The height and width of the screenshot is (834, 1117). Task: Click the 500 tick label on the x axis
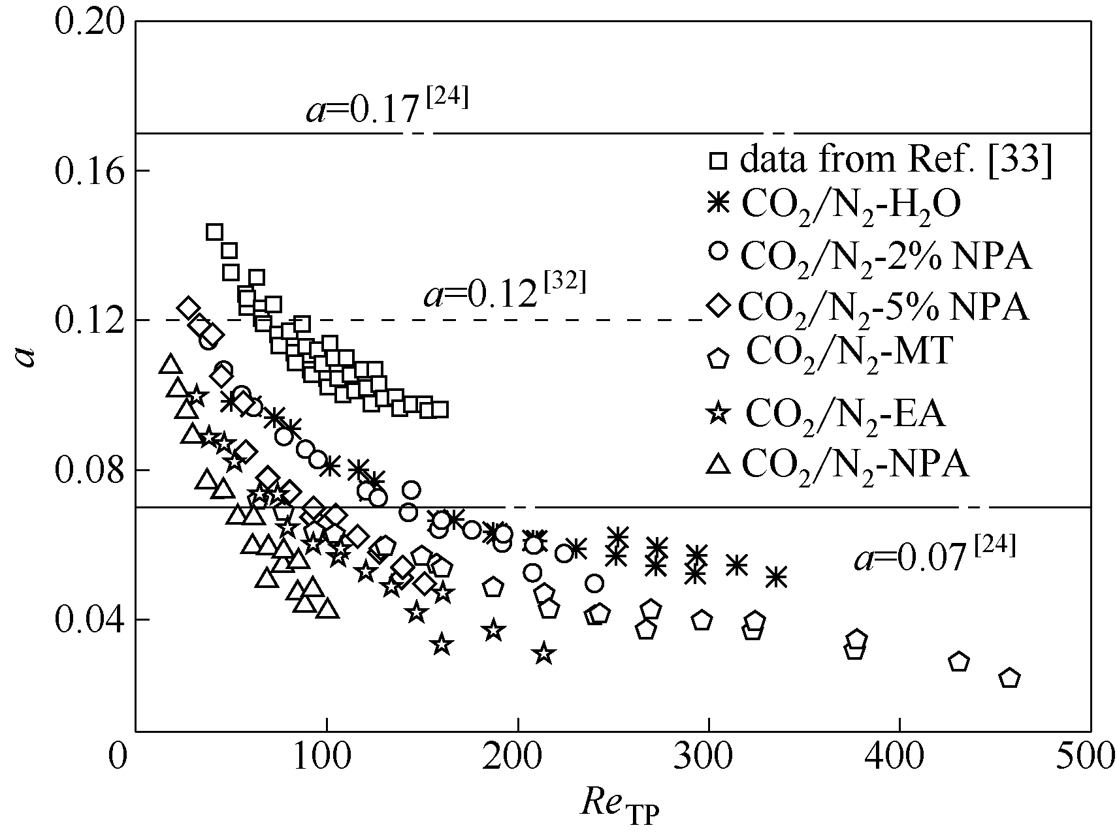pos(1089,758)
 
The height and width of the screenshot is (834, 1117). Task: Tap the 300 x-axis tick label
pos(708,758)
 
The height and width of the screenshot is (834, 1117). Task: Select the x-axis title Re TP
pos(621,805)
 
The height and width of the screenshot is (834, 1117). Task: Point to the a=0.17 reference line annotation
pos(387,109)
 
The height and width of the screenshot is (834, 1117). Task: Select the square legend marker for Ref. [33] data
pos(719,160)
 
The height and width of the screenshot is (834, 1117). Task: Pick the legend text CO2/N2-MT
pos(849,353)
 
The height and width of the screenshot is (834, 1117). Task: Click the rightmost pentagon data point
pos(1010,679)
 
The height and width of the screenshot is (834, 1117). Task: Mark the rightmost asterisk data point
pos(776,577)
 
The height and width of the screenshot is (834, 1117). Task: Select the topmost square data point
pos(214,232)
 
